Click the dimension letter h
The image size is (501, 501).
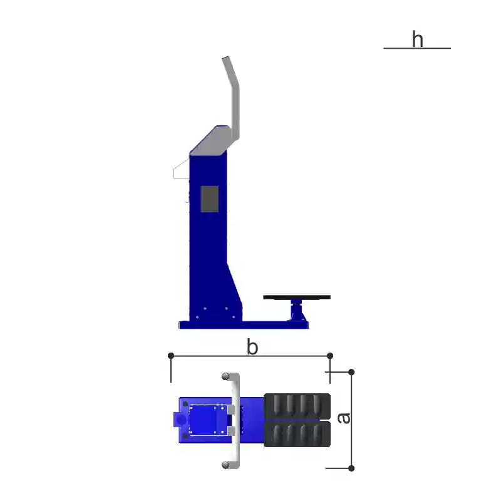pyautogui.click(x=418, y=39)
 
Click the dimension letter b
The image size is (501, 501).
pyautogui.click(x=252, y=347)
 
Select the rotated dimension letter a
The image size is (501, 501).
pyautogui.click(x=344, y=418)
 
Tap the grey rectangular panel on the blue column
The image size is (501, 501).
pyautogui.click(x=210, y=199)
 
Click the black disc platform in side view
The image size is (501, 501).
pyautogui.click(x=297, y=297)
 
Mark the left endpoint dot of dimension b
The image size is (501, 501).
pyautogui.click(x=171, y=356)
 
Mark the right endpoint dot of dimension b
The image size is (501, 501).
pyautogui.click(x=330, y=356)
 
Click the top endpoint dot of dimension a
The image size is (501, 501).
pyautogui.click(x=351, y=372)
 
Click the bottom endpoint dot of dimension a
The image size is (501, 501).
pyautogui.click(x=351, y=468)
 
